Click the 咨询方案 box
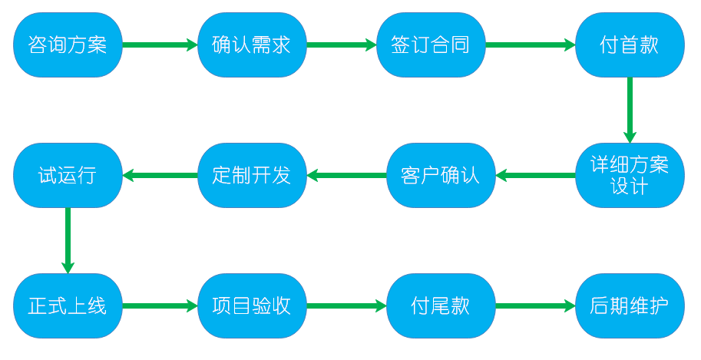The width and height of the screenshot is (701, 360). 67,45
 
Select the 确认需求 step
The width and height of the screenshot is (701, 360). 252,45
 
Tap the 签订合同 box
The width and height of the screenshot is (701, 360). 430,45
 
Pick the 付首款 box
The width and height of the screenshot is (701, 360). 630,45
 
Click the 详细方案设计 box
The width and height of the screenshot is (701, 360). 630,176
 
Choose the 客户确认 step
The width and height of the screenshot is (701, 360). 440,176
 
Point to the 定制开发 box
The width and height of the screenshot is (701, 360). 252,176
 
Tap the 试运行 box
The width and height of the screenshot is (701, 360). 67,176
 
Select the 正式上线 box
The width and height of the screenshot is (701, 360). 67,306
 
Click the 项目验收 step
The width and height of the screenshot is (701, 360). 252,306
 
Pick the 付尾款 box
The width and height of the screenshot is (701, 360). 440,306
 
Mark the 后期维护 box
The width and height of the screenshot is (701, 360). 630,306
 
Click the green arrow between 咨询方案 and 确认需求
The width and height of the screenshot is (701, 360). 160,45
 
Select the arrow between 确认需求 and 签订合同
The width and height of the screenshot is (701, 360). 342,45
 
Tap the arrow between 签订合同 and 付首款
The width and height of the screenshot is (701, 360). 531,45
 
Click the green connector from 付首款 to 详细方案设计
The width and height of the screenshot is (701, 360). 630,110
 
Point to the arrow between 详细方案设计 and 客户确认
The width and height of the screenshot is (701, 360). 536,176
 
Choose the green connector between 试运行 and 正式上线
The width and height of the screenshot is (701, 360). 67,240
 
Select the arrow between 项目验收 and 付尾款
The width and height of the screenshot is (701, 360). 347,306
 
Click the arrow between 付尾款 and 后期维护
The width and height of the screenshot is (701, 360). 536,306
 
